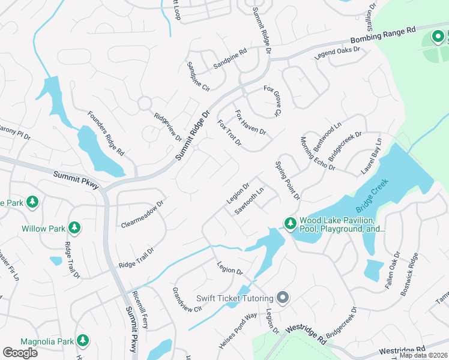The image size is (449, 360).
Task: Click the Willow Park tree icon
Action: click(x=74, y=227)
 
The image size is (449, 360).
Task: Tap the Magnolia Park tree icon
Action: click(x=83, y=341)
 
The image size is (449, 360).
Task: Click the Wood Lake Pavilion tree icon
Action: click(x=290, y=223)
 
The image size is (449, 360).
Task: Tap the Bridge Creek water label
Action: click(x=373, y=195)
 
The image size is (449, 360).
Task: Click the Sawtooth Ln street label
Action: click(x=249, y=202)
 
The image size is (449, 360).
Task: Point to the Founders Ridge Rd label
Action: click(x=106, y=133)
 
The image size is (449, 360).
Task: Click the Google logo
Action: click(x=20, y=353)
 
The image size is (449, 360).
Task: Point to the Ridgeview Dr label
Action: click(x=167, y=127)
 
